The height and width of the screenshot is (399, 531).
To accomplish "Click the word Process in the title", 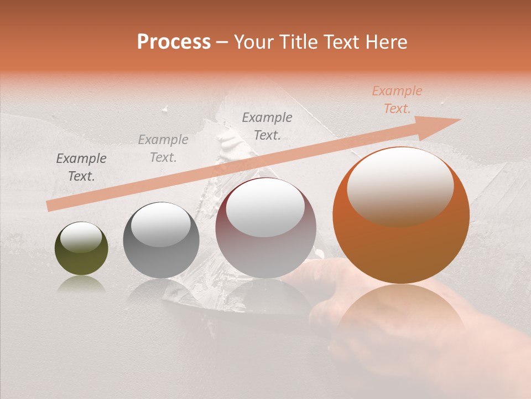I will [x=174, y=42].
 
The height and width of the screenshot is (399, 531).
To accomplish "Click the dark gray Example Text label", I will [x=81, y=167].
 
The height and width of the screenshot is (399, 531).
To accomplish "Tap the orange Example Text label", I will [x=397, y=100].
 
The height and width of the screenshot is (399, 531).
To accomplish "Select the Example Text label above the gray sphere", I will [x=163, y=149].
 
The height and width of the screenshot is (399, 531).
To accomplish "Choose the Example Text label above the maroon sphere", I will [x=267, y=126].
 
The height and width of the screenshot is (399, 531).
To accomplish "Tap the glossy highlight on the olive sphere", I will [x=81, y=238].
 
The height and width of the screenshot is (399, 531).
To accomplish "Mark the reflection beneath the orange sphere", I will [x=401, y=316].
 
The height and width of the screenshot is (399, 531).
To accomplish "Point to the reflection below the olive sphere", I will [x=81, y=285].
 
